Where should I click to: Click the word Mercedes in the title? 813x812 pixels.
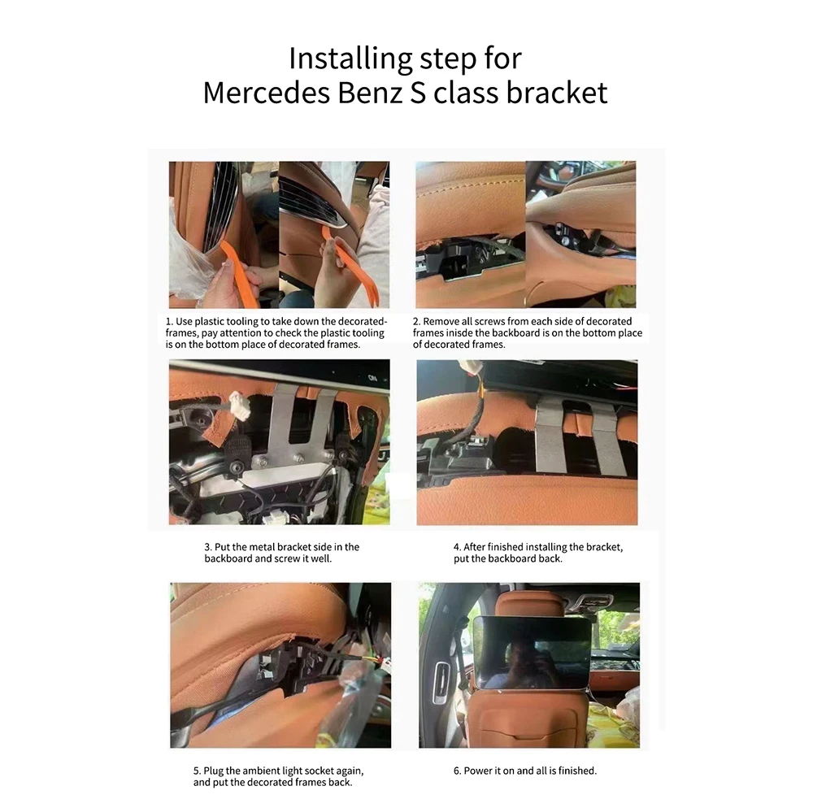(x=267, y=93)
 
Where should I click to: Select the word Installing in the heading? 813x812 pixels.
(x=350, y=59)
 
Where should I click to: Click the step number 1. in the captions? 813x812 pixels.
(x=169, y=322)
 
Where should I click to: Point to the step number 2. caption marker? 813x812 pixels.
(x=417, y=322)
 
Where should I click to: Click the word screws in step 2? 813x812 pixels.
(x=490, y=322)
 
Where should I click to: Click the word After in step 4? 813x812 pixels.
(x=474, y=547)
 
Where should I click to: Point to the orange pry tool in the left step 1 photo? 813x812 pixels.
(x=237, y=272)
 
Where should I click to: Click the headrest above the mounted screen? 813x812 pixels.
(x=530, y=604)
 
